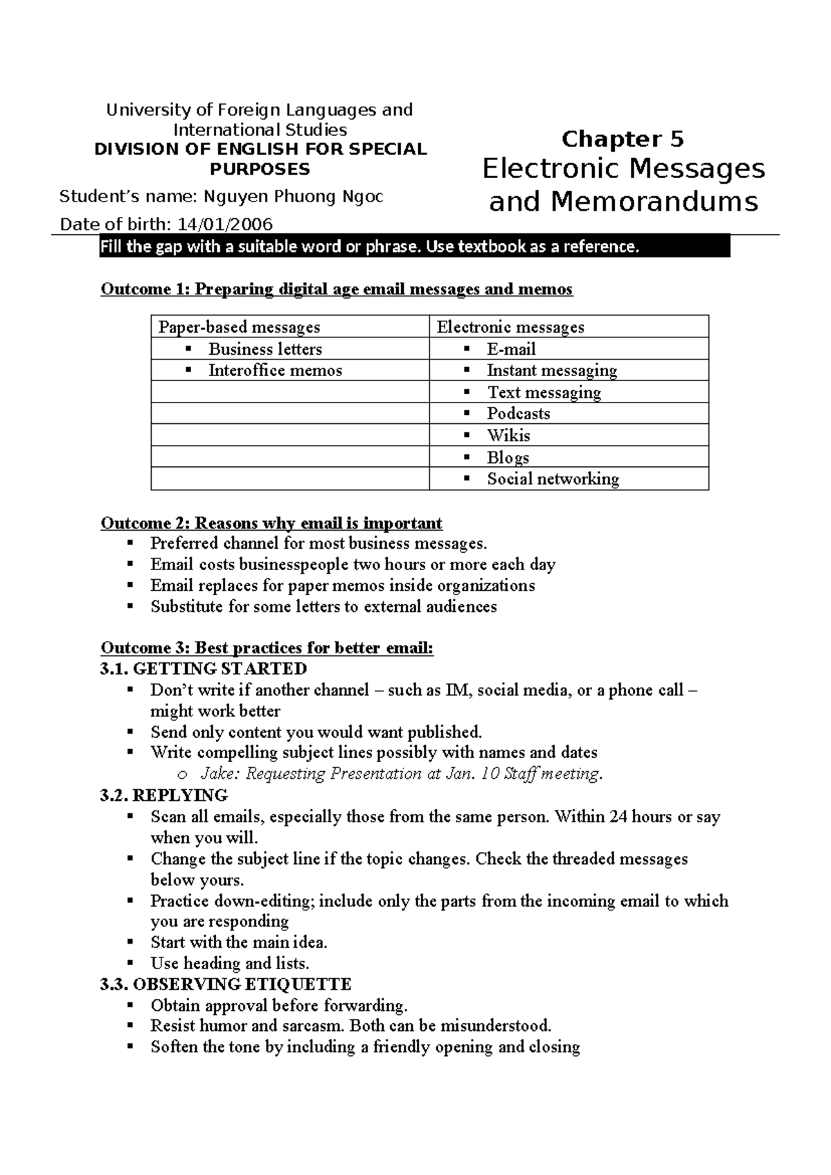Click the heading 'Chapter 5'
[x=623, y=139]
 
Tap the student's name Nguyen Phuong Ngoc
[x=293, y=197]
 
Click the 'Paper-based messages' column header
[x=240, y=327]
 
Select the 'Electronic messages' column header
[x=510, y=327]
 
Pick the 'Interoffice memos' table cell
[x=275, y=371]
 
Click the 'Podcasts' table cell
[x=518, y=414]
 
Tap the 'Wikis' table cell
[x=508, y=436]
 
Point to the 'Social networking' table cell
[x=553, y=479]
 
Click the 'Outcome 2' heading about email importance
[x=271, y=523]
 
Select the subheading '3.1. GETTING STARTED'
[x=204, y=669]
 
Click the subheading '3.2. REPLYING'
[x=164, y=795]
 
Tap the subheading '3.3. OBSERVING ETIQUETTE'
[x=226, y=984]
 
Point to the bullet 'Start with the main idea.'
[x=239, y=942]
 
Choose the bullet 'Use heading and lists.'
[x=230, y=963]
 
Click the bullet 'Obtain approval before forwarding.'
[x=279, y=1005]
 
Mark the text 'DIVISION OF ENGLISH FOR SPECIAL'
[x=260, y=150]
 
